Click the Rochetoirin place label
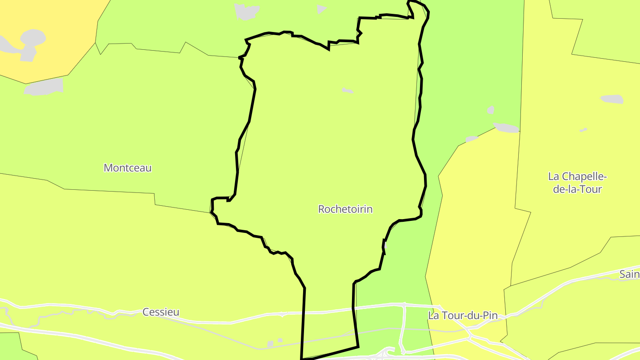(x=345, y=209)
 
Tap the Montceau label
(x=128, y=168)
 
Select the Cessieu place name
(x=161, y=312)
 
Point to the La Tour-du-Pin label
(x=463, y=316)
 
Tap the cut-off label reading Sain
(x=629, y=274)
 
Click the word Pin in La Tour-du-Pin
(x=490, y=316)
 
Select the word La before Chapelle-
(x=553, y=176)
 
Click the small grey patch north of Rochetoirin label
(x=348, y=91)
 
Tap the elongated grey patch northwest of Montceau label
(x=44, y=87)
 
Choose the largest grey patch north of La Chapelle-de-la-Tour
(x=612, y=99)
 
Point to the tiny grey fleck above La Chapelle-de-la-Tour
(x=583, y=130)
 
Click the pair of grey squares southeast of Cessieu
(x=274, y=343)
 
